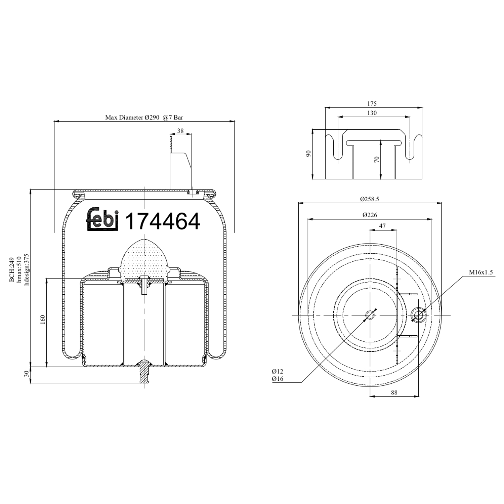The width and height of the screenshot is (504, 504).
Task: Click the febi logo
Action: click(102, 220)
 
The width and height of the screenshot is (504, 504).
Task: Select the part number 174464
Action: click(162, 221)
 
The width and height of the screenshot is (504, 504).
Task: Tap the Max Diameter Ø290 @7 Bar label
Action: click(144, 118)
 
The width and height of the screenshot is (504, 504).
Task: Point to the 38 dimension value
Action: click(180, 131)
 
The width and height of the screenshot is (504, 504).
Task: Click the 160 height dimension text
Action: click(43, 319)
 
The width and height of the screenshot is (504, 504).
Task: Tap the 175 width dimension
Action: click(372, 104)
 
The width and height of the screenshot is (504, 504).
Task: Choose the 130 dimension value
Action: click(372, 113)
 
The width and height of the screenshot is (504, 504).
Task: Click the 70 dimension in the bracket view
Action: click(377, 159)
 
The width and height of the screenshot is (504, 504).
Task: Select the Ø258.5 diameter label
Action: click(370, 199)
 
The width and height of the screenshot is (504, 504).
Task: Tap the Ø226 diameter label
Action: click(370, 215)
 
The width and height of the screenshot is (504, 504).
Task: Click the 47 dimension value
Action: click(382, 226)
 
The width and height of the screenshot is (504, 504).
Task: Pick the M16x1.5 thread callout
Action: click(481, 272)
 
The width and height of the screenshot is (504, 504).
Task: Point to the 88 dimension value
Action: click(394, 392)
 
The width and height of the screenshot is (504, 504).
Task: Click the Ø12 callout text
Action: click(278, 371)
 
